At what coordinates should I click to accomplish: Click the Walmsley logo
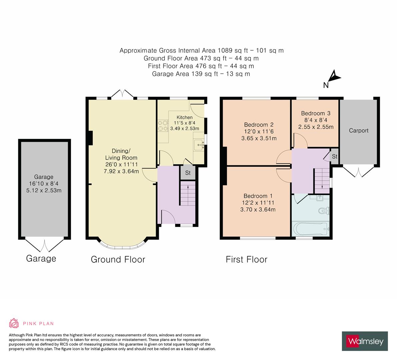pyautogui.click(x=365, y=341)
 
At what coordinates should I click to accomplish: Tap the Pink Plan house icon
pyautogui.click(x=14, y=323)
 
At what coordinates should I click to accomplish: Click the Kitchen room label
pyautogui.click(x=185, y=117)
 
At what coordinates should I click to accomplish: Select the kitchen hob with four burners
pyautogui.click(x=163, y=126)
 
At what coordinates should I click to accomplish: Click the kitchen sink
pyautogui.click(x=199, y=145)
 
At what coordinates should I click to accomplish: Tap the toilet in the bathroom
pyautogui.click(x=324, y=210)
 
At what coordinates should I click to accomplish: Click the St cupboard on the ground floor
pyautogui.click(x=188, y=173)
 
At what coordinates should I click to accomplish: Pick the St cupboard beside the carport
pyautogui.click(x=335, y=156)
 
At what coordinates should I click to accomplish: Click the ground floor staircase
pyautogui.click(x=188, y=193)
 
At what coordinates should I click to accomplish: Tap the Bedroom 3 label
pyautogui.click(x=316, y=113)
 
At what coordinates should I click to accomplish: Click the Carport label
pyautogui.click(x=359, y=131)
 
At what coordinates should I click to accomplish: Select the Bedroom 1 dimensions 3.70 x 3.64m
pyautogui.click(x=258, y=210)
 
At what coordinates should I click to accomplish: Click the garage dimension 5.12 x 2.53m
pyautogui.click(x=44, y=190)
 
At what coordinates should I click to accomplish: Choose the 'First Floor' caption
pyautogui.click(x=247, y=259)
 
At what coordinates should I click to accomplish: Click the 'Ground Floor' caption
pyautogui.click(x=118, y=259)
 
